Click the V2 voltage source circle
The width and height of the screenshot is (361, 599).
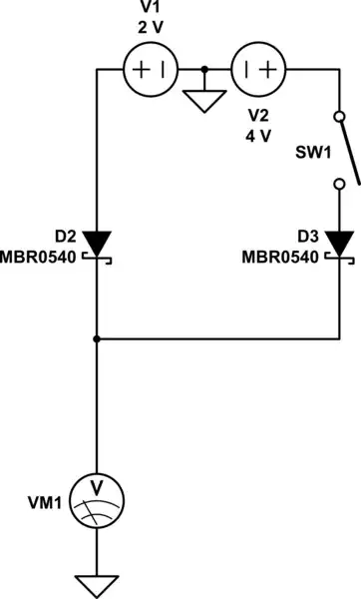(x=258, y=70)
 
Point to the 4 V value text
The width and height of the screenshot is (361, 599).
(x=258, y=136)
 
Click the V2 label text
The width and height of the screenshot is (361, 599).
(x=258, y=116)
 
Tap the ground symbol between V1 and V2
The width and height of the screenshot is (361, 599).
(x=204, y=99)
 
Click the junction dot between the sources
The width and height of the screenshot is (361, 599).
(x=204, y=70)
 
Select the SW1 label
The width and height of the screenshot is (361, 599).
(x=312, y=156)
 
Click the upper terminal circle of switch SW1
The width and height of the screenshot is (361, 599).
(x=339, y=117)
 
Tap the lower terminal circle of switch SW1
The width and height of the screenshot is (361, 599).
(x=339, y=183)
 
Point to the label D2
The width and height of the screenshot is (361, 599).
(x=64, y=237)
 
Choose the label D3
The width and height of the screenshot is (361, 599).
(x=308, y=237)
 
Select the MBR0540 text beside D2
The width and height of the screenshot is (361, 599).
(x=40, y=257)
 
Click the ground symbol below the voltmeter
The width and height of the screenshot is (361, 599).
(x=97, y=585)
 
